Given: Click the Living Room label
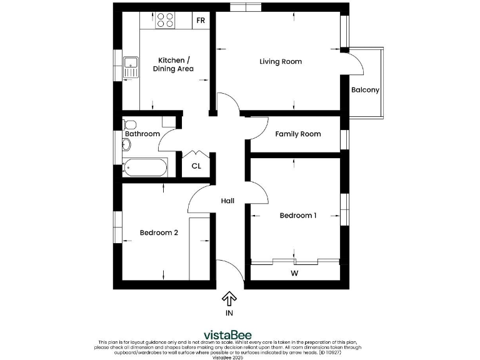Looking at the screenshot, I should [x=281, y=61].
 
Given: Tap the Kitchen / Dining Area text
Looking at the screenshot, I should [x=173, y=64].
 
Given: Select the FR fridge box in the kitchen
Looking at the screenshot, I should [x=201, y=21].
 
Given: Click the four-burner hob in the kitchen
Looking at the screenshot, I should [x=165, y=21].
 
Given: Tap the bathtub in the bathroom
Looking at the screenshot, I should [x=145, y=167].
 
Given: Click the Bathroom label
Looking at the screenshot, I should [x=142, y=134].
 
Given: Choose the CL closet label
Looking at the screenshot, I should [x=196, y=166].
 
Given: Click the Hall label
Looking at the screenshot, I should [x=227, y=201].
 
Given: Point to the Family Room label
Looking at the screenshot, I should [x=298, y=134].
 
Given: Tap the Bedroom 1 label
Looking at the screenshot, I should [x=297, y=216].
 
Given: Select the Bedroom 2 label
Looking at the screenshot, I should [x=159, y=232].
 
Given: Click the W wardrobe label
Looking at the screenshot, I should [x=294, y=273].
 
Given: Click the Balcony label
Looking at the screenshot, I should [x=365, y=90].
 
